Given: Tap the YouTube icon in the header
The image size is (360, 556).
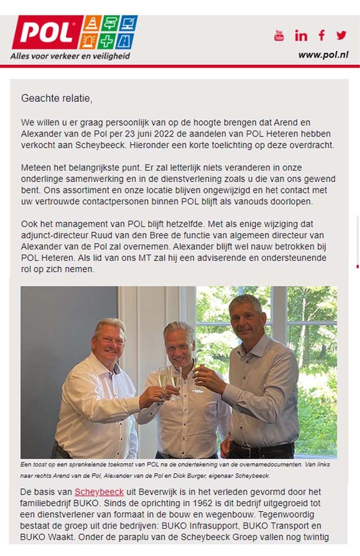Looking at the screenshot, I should point(279,36).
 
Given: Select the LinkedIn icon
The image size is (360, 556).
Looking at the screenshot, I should point(301,36).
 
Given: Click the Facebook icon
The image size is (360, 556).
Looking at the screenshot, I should point(321,35).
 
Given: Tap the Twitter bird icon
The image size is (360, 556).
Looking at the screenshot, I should point(342,35).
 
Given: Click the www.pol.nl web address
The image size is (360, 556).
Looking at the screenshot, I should point(323,55).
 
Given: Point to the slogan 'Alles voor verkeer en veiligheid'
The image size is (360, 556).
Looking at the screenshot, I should point(70,56).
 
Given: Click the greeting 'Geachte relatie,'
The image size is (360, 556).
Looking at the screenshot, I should point(56,98).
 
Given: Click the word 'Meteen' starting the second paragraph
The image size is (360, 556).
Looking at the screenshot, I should point(36,167).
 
